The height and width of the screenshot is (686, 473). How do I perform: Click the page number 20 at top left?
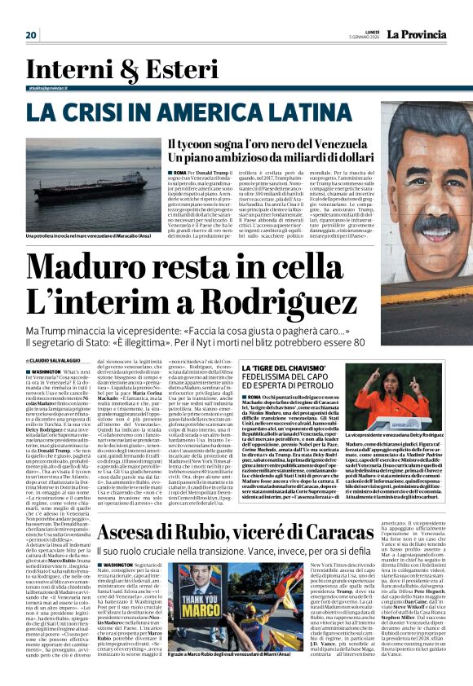click(x=31, y=34)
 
